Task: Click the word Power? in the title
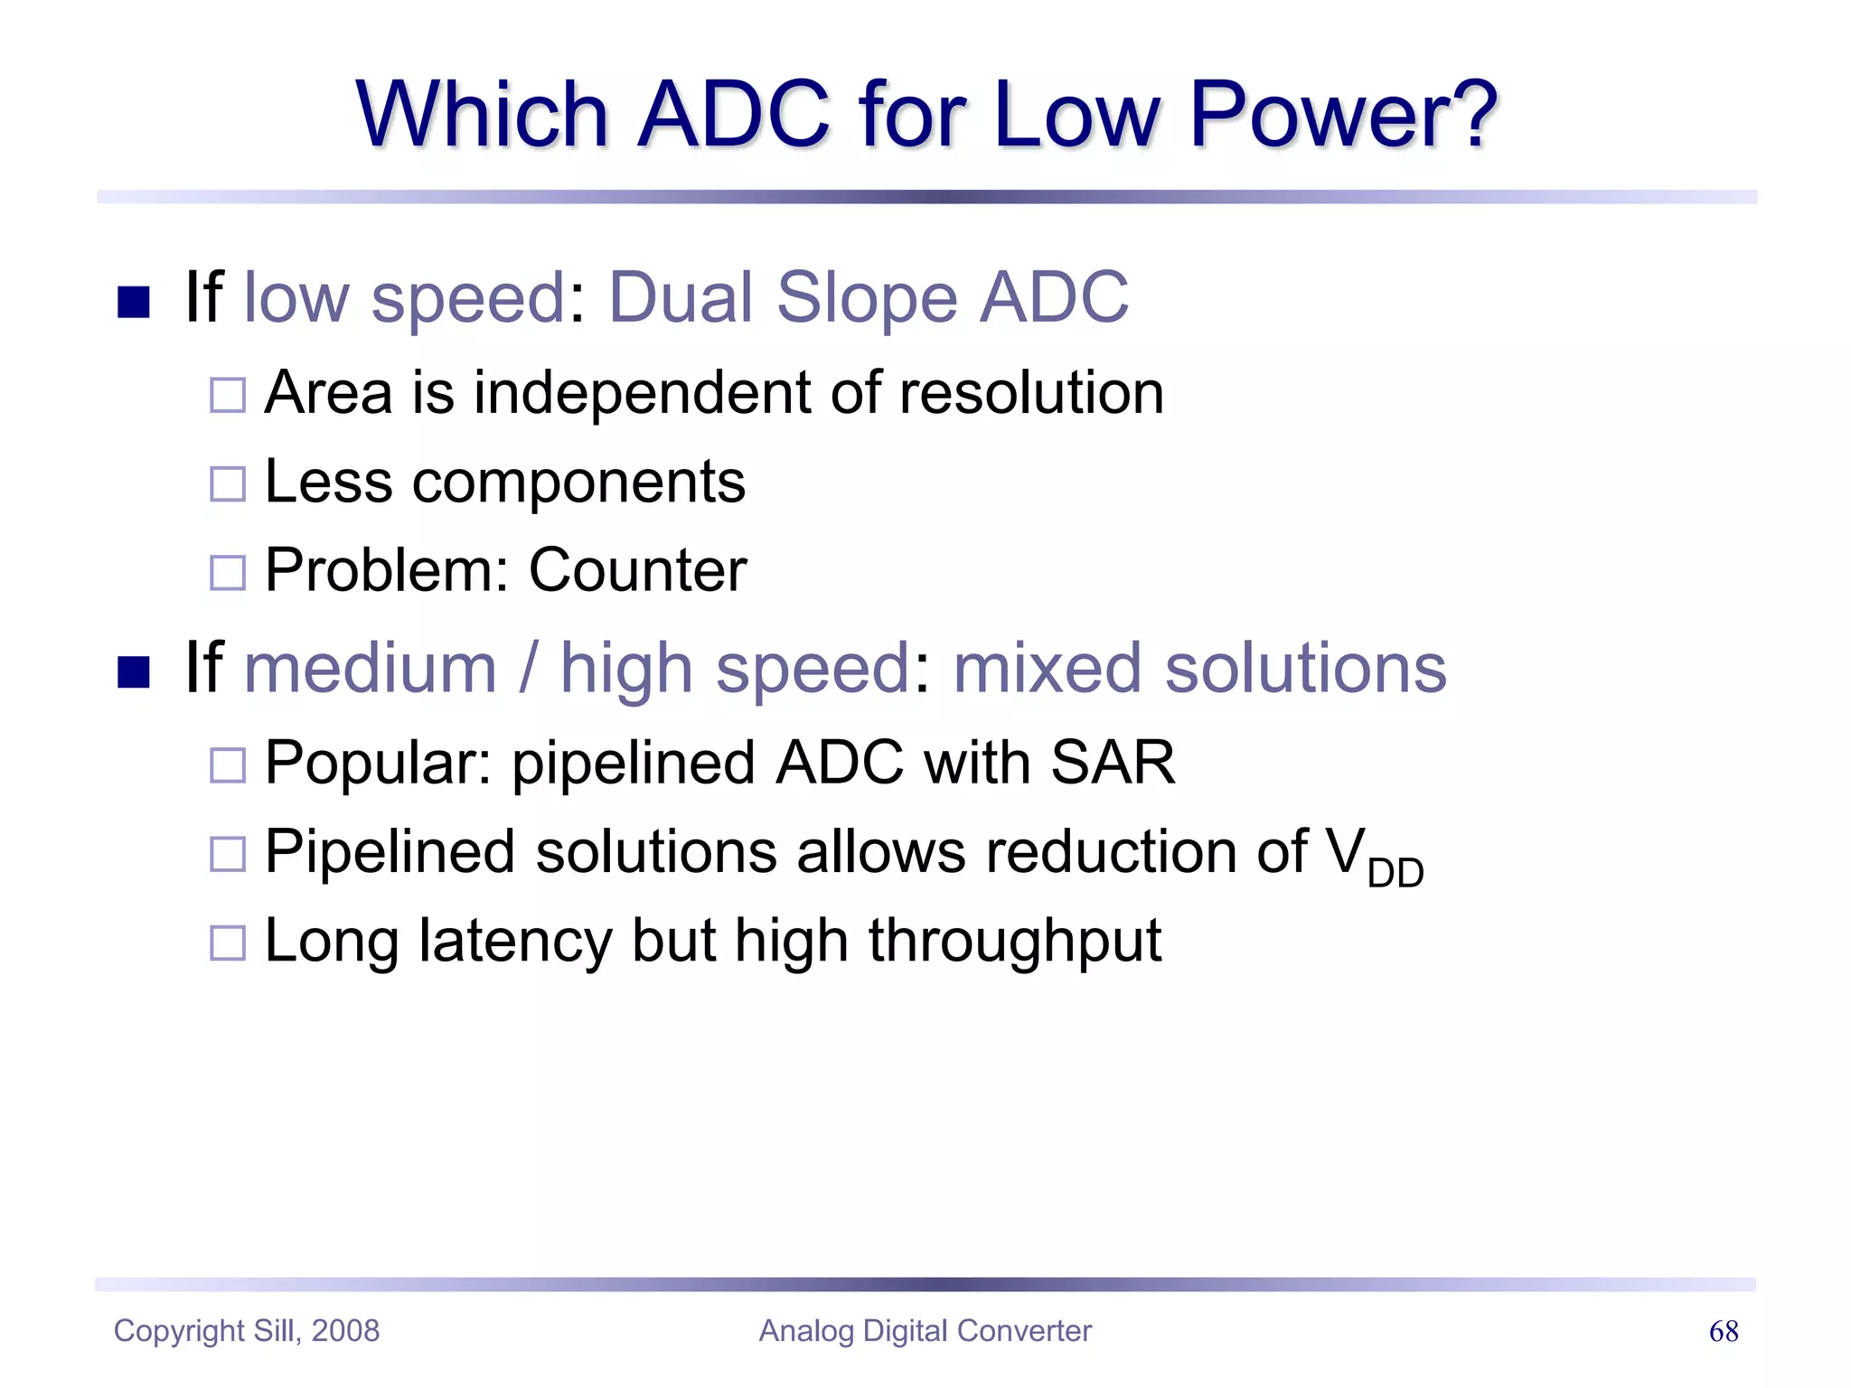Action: click(x=1343, y=116)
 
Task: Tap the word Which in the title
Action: click(x=482, y=116)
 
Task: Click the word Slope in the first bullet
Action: click(x=867, y=297)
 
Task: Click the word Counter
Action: click(x=637, y=571)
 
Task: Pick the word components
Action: click(x=578, y=483)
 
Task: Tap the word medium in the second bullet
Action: click(x=371, y=669)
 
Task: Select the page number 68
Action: click(x=1723, y=1331)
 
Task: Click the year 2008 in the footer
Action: click(x=345, y=1331)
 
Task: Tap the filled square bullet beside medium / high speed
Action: click(x=134, y=672)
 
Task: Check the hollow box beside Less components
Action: click(x=227, y=484)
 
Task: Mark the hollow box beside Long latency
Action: click(x=227, y=943)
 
